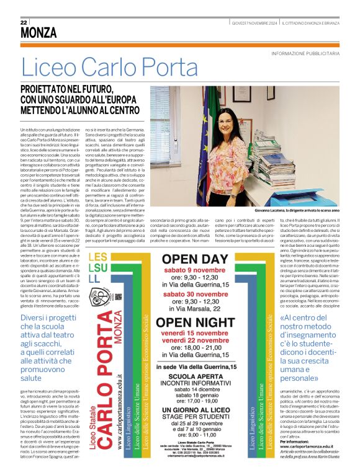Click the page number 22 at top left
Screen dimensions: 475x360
coord(24,22)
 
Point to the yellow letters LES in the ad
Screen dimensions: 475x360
coord(97,257)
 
